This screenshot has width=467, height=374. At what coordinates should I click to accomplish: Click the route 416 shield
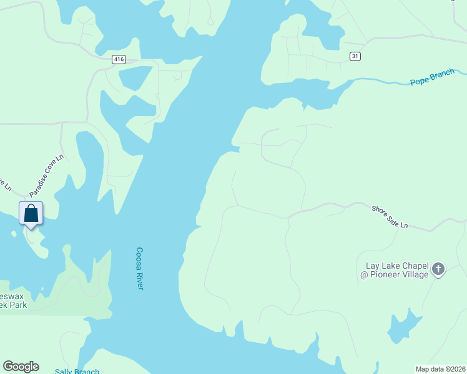click(119, 59)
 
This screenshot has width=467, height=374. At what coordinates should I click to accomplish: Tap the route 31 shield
click(355, 56)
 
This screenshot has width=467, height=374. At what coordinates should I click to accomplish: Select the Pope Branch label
click(432, 78)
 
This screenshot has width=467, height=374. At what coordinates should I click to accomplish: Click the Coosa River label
click(140, 269)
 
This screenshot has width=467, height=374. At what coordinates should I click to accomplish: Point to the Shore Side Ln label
click(390, 216)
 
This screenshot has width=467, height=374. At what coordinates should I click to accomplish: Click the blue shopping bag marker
click(31, 214)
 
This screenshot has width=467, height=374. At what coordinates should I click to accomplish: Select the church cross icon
click(438, 269)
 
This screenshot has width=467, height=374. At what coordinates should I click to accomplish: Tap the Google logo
click(21, 367)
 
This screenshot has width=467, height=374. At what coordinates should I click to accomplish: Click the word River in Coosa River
click(139, 280)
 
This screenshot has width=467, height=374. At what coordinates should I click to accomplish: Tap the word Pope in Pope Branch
click(419, 81)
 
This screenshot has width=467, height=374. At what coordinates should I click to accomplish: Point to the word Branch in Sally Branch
click(86, 372)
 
